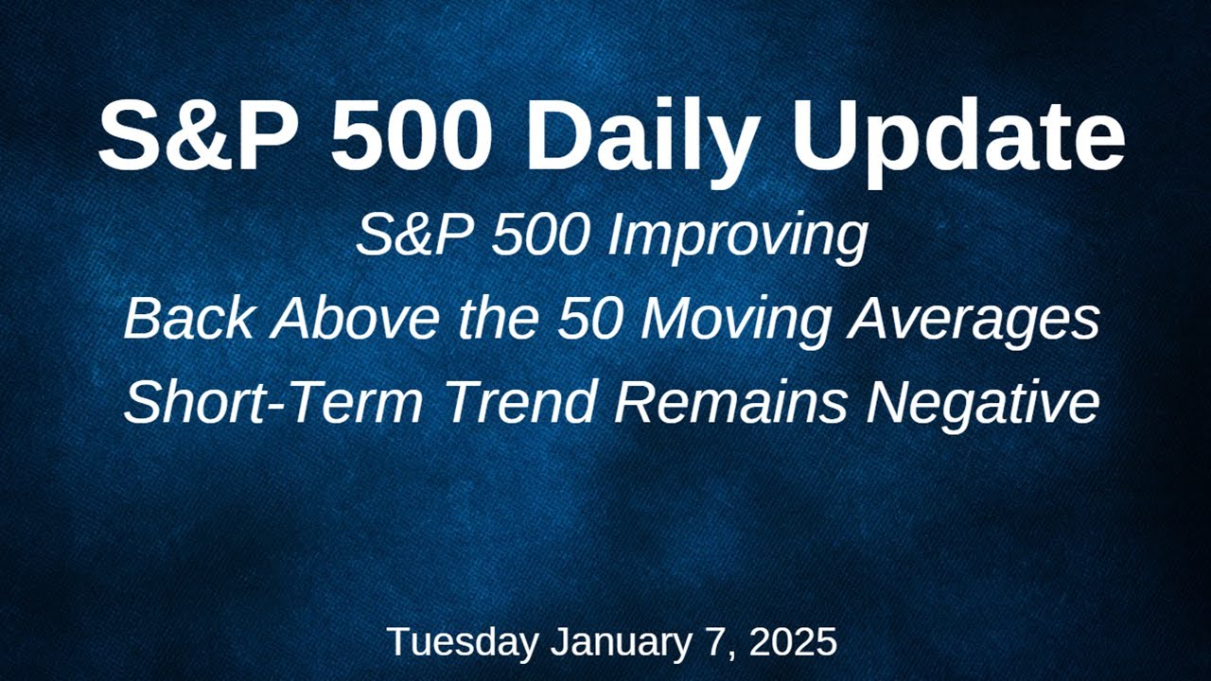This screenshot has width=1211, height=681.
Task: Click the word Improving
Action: (738, 237)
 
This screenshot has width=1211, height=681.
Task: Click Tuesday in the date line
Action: (462, 642)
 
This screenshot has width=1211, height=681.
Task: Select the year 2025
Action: (793, 642)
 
